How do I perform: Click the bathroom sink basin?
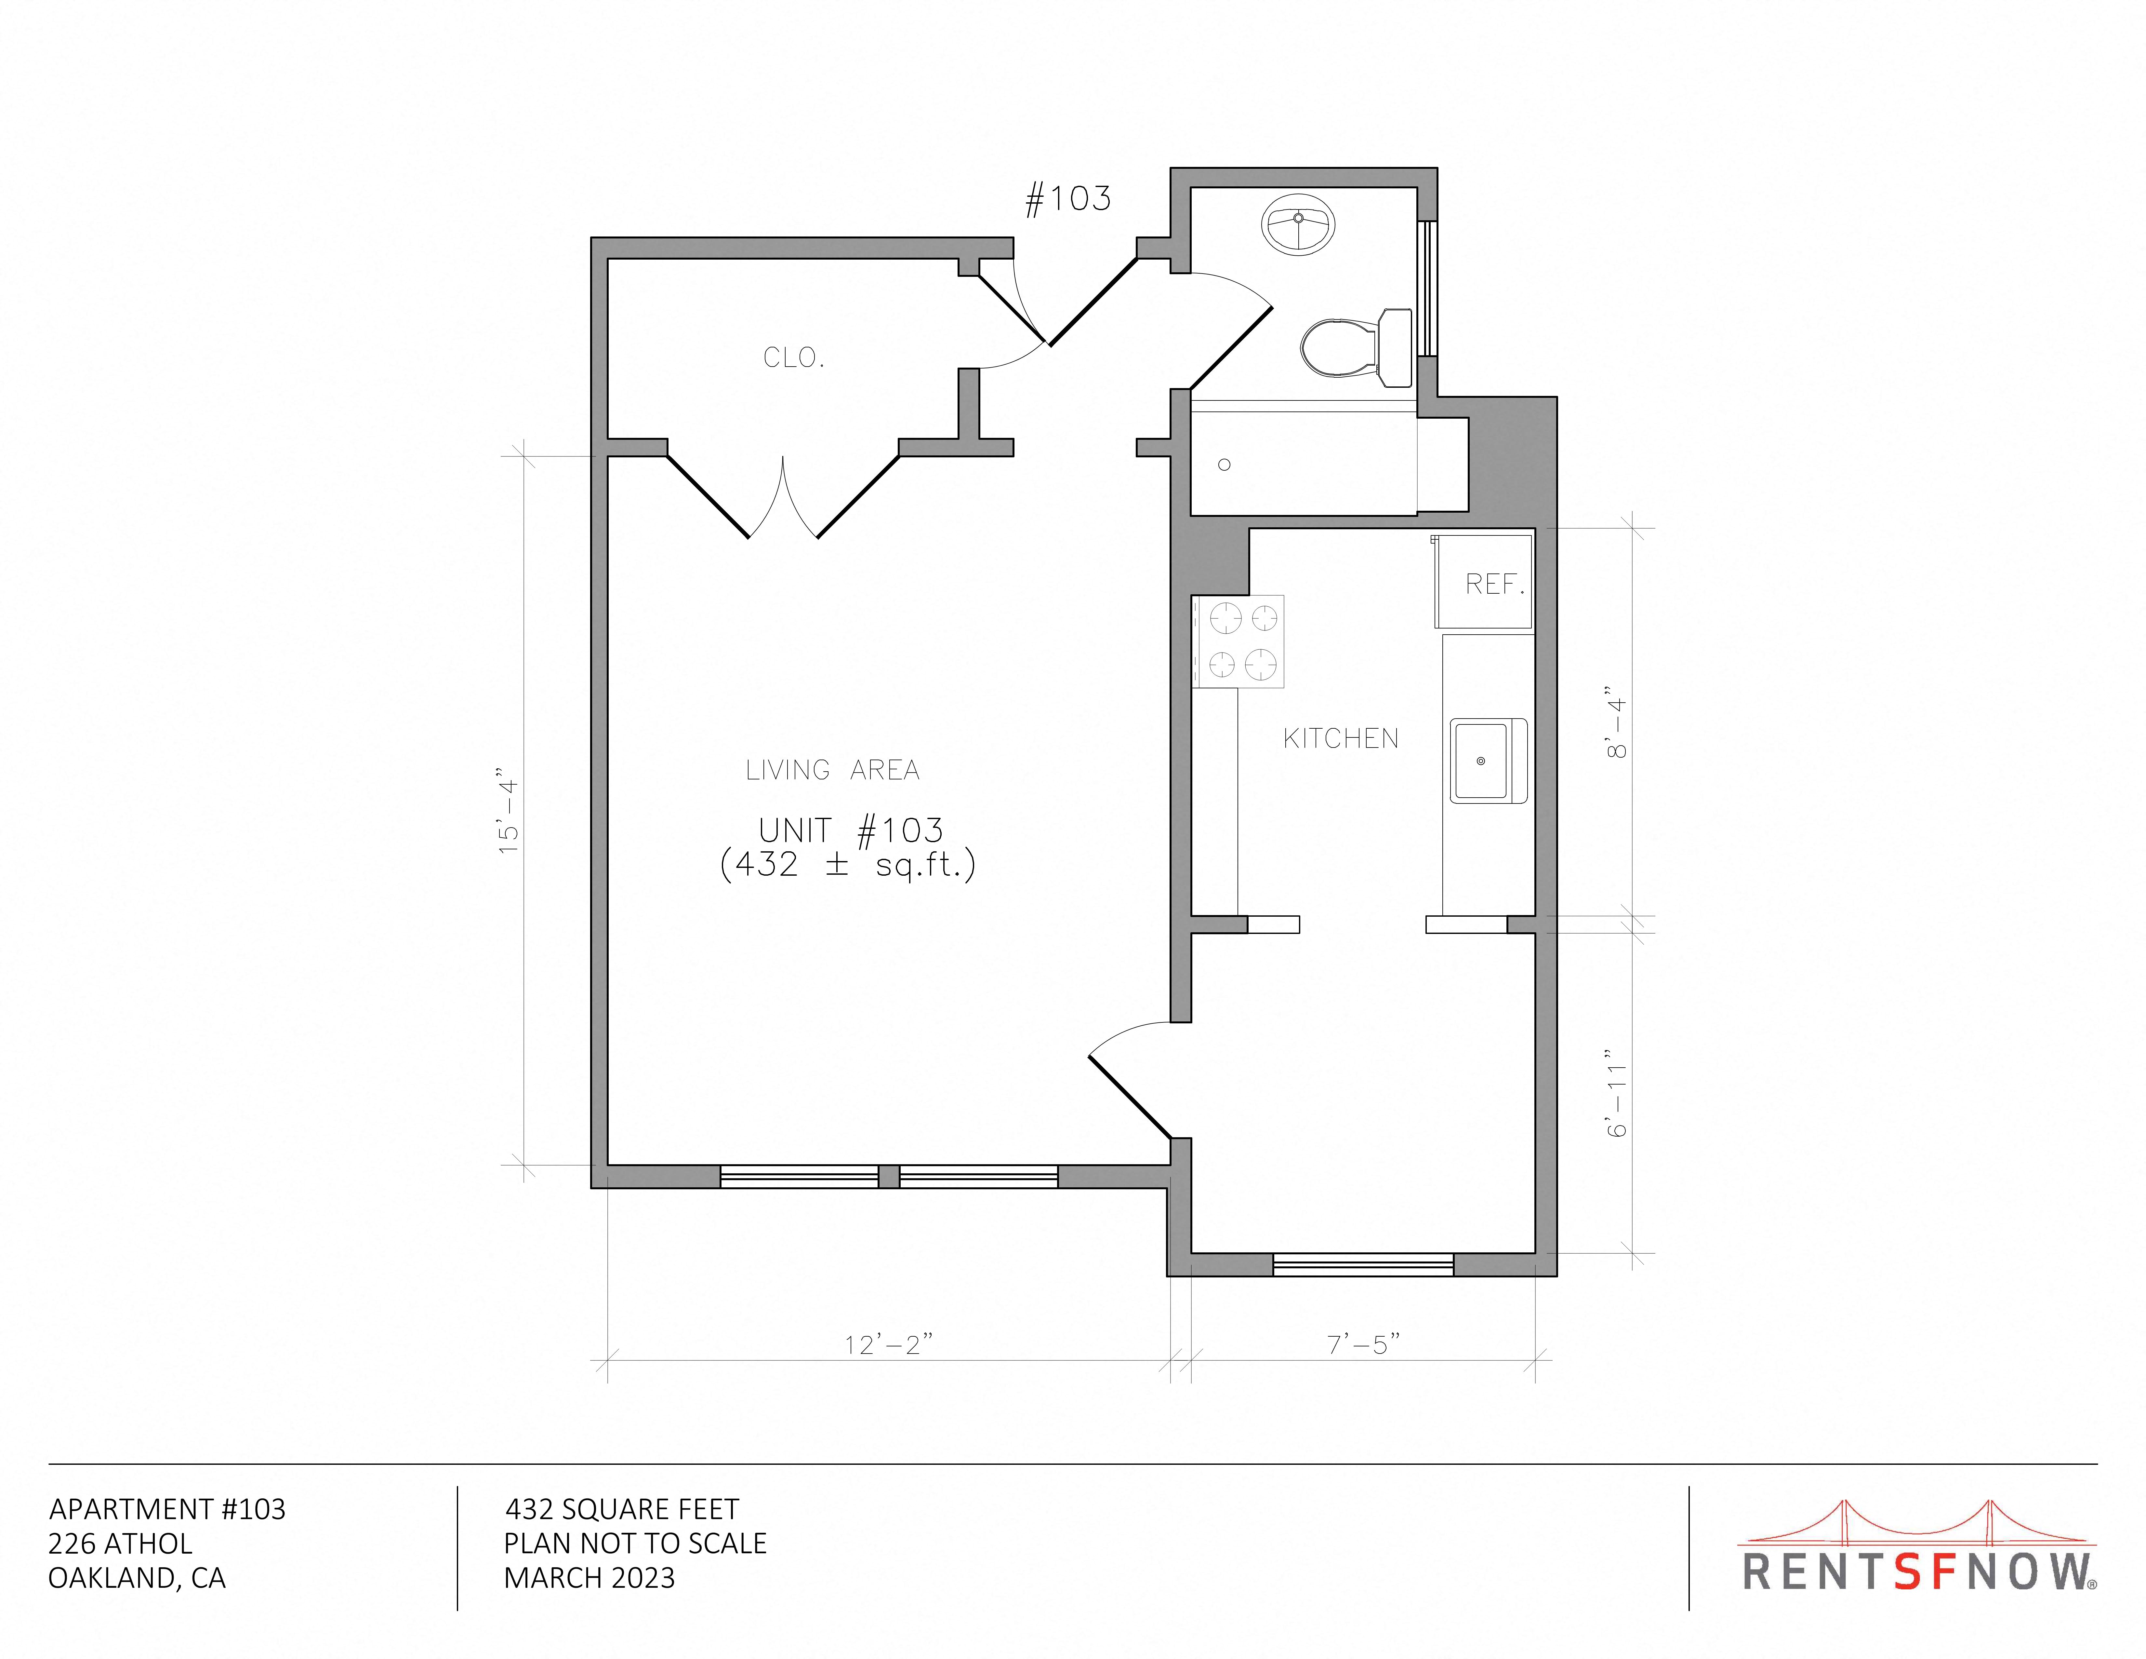(x=1298, y=224)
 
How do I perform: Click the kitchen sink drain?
(x=1481, y=761)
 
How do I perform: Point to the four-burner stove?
(x=1238, y=641)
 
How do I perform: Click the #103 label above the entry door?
(x=1068, y=199)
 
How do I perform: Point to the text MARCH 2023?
(x=589, y=1577)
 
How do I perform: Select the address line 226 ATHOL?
(x=121, y=1543)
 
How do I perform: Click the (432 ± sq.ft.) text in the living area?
(x=848, y=865)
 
